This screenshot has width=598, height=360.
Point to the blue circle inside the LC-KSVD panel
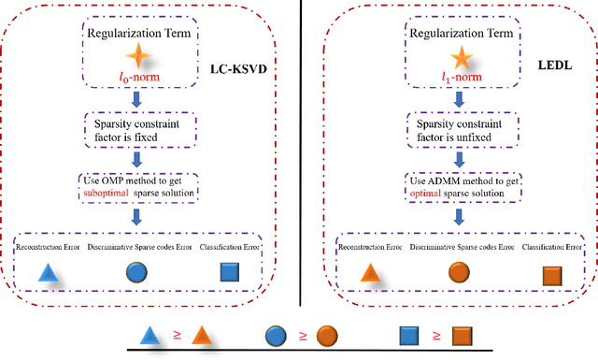[136, 273]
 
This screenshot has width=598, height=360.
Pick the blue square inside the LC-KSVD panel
[230, 272]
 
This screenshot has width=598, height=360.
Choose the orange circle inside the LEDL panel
[458, 272]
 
